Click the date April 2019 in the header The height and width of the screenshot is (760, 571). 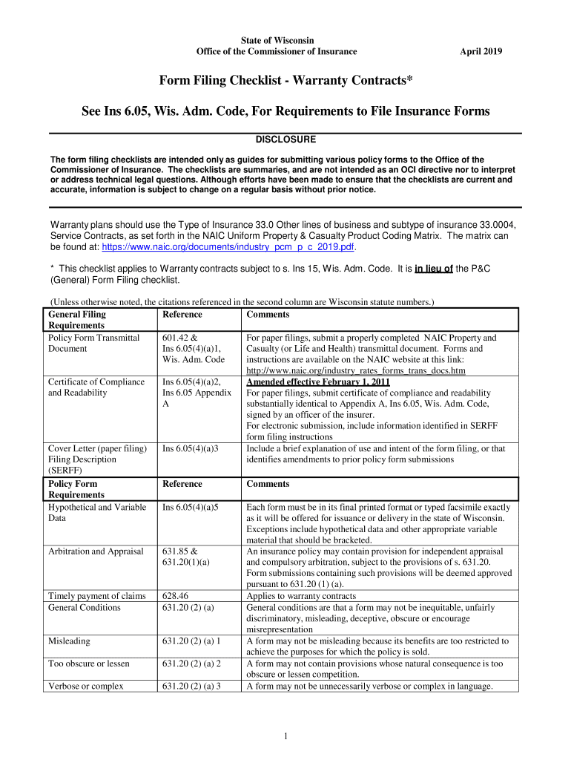pos(481,51)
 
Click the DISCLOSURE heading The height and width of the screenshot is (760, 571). pos(285,140)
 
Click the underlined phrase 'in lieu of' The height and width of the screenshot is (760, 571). pos(434,269)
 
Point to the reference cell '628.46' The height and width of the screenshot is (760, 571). pos(175,596)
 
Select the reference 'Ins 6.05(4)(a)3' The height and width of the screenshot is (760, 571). pos(190,448)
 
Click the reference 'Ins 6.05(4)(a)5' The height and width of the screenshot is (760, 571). pos(190,508)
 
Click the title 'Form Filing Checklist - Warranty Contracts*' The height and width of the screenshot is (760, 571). pos(285,80)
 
